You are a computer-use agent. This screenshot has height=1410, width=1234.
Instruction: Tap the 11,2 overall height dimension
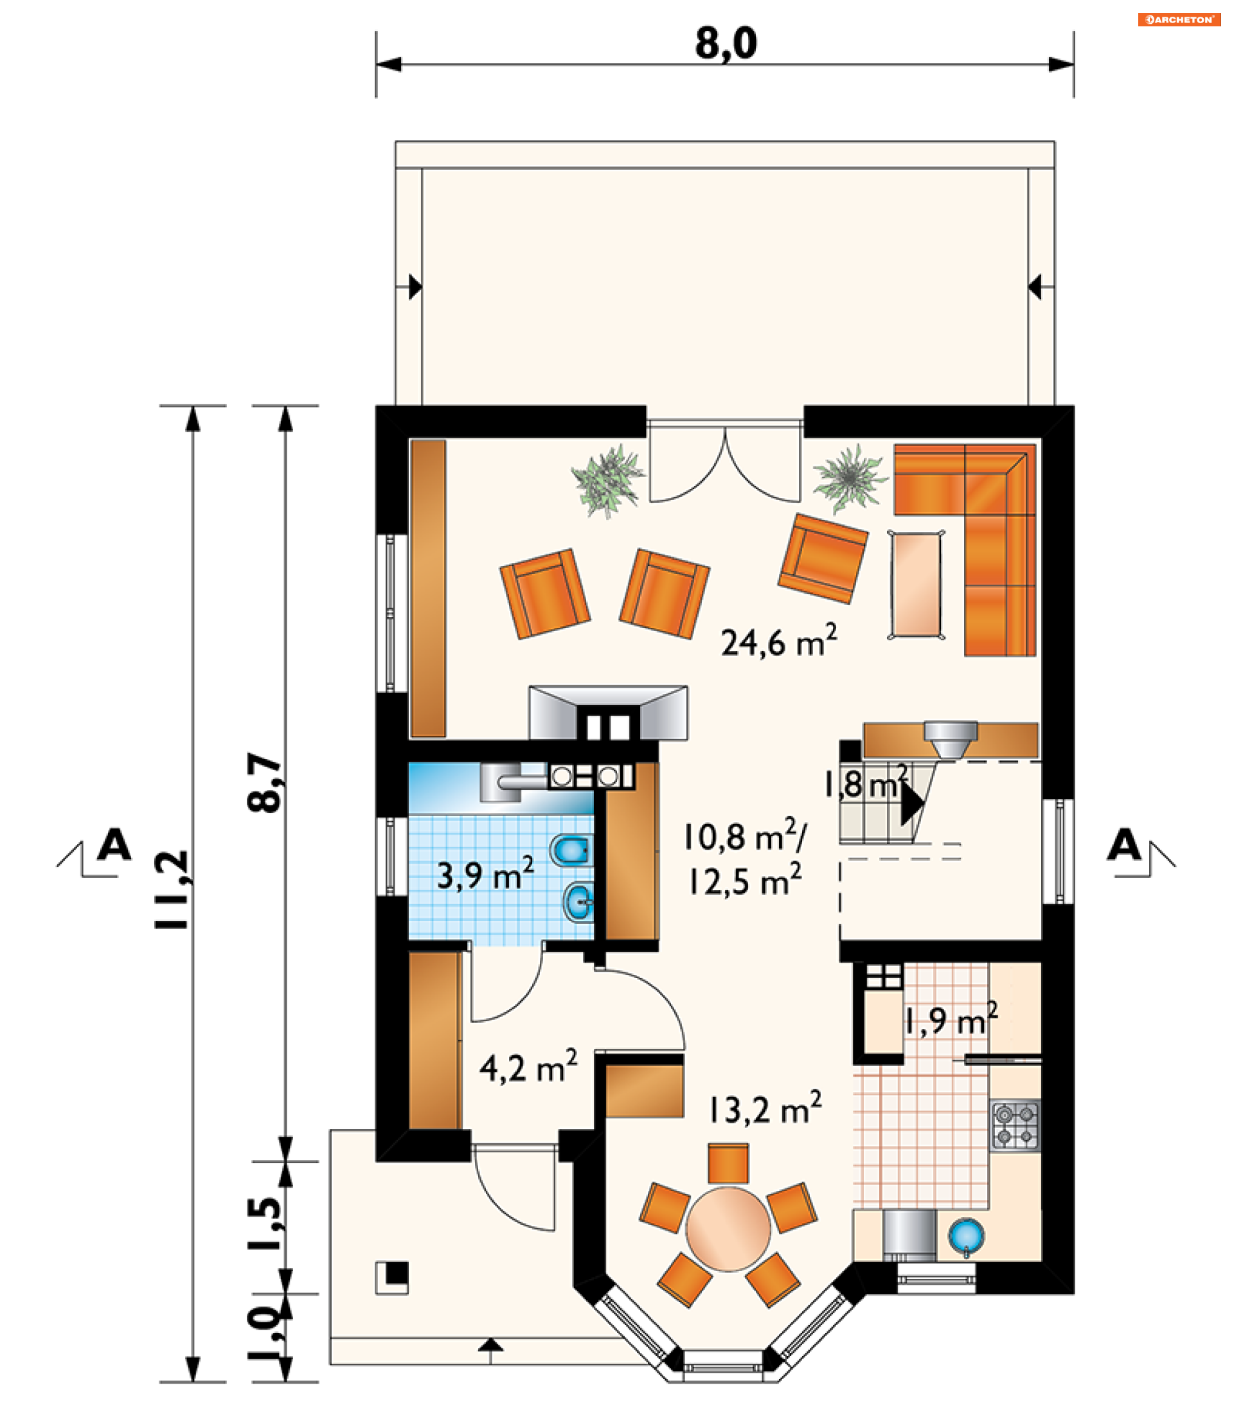pyautogui.click(x=171, y=890)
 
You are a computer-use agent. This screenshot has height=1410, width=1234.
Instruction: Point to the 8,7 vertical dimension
pyautogui.click(x=265, y=782)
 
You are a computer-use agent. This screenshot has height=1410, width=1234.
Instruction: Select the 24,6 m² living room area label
pyautogui.click(x=779, y=640)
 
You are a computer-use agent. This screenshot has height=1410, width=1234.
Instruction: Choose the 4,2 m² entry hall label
pyautogui.click(x=528, y=1066)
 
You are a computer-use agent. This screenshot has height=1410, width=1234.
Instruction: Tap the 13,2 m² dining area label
pyautogui.click(x=765, y=1108)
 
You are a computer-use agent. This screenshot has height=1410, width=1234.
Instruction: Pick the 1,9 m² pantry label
pyautogui.click(x=951, y=1020)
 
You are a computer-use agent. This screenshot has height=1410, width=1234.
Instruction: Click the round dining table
pyautogui.click(x=728, y=1229)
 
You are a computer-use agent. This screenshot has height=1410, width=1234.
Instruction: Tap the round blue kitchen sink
pyautogui.click(x=966, y=1236)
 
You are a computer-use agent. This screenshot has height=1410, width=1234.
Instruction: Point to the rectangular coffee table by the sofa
pyautogui.click(x=916, y=585)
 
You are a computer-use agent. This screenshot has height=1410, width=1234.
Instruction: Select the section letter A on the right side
pyautogui.click(x=1124, y=844)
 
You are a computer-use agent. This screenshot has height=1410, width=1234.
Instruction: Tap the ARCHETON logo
pyautogui.click(x=1179, y=19)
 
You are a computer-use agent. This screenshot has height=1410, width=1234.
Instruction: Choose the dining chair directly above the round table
pyautogui.click(x=728, y=1163)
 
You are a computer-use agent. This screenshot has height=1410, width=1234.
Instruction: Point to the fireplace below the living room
pyautogui.click(x=608, y=713)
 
